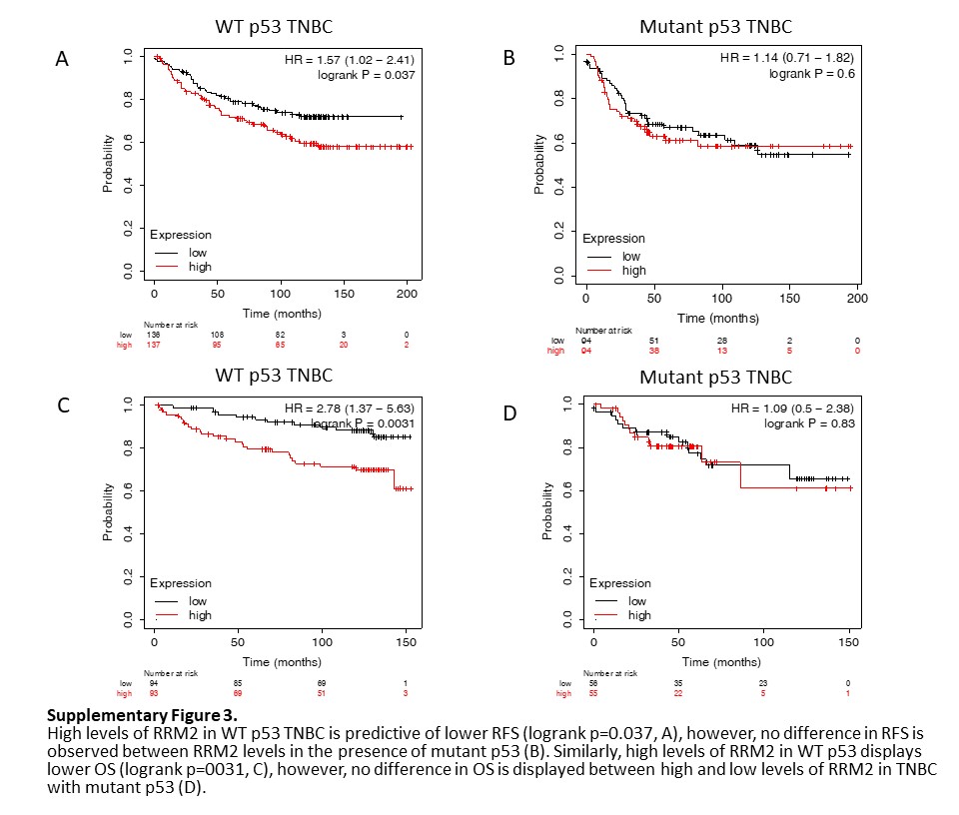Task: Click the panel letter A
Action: (62, 60)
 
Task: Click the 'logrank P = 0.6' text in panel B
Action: (810, 73)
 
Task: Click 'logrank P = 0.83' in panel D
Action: (803, 423)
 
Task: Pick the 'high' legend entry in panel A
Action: (200, 267)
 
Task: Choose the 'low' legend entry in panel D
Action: (637, 600)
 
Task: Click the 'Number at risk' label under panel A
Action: (167, 325)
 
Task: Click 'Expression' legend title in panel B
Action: (613, 239)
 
